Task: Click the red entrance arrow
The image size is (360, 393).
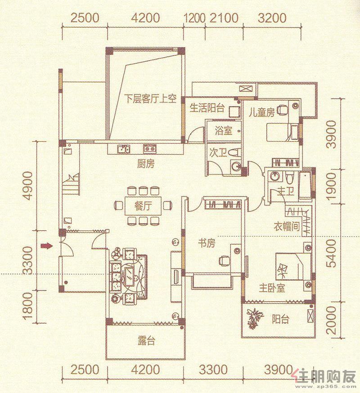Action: click(47, 246)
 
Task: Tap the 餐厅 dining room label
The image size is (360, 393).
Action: click(143, 206)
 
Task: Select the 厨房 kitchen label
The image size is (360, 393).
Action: click(146, 164)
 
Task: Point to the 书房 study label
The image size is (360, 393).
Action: click(207, 243)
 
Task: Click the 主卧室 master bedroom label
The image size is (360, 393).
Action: click(272, 288)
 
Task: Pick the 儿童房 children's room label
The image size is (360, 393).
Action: click(261, 112)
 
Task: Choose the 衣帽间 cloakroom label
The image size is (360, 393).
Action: click(287, 227)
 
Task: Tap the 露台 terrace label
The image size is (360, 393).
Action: click(147, 341)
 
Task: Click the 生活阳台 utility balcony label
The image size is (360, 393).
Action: click(207, 108)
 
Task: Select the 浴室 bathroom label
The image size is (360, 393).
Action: click(223, 130)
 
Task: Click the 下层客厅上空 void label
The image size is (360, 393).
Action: click(150, 98)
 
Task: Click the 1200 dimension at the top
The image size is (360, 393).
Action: click(195, 18)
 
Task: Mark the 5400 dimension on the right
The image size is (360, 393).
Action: click(331, 254)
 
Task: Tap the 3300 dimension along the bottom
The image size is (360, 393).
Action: click(213, 370)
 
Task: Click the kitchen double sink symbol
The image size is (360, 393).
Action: click(124, 149)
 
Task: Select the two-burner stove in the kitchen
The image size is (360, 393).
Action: click(150, 149)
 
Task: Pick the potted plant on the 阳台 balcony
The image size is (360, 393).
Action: click(254, 318)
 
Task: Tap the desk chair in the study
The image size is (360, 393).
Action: click(225, 261)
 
